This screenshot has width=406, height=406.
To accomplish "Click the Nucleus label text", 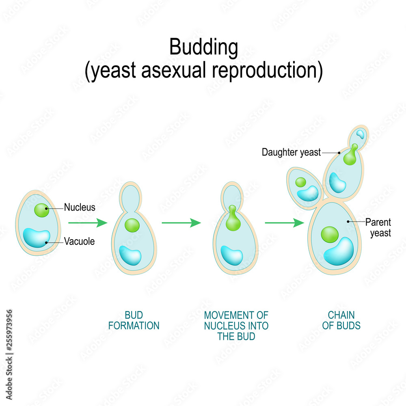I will [80, 207].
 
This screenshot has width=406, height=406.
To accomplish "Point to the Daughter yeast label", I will [291, 153].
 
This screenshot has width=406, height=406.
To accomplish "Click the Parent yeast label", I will [378, 227].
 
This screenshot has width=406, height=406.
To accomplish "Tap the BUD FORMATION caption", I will [134, 320].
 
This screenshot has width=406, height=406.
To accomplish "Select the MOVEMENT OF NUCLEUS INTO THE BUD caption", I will [236, 326].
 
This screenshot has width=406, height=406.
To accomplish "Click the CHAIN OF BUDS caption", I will [341, 320].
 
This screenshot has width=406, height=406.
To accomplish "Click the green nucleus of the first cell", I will [41, 210].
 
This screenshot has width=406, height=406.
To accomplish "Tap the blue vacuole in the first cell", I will [36, 238].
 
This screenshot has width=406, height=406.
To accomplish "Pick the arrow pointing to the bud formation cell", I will [87, 222].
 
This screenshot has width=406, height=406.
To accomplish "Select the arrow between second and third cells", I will [181, 222].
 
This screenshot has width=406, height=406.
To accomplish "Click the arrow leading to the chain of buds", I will [284, 222].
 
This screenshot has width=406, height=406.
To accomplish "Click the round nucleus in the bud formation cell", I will [132, 225].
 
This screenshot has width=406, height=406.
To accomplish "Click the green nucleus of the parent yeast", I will [329, 235].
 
